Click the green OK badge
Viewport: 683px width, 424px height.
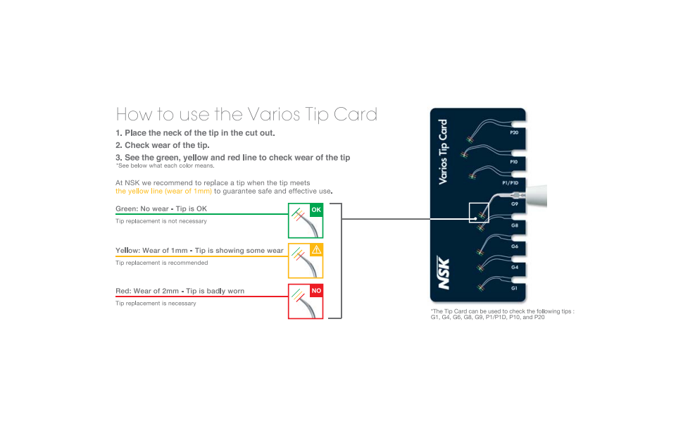316,210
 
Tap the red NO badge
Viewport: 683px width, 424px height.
316,291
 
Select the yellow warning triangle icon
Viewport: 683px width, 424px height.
316,250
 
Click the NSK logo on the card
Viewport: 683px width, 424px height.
444,273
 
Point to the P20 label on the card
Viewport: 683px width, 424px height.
514,132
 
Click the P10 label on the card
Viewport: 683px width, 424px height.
514,162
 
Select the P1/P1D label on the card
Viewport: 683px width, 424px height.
510,183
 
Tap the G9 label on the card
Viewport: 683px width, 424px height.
515,204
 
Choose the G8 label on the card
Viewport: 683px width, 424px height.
515,225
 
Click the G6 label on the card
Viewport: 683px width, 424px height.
515,247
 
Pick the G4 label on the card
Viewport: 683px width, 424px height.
515,267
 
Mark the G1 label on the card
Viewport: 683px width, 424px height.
514,288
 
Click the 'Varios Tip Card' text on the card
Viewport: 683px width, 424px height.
443,151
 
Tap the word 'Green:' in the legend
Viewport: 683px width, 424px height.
127,208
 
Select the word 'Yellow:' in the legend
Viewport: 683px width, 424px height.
127,251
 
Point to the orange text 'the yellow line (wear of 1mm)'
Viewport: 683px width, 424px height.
164,192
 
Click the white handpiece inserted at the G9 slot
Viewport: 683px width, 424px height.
536,196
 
